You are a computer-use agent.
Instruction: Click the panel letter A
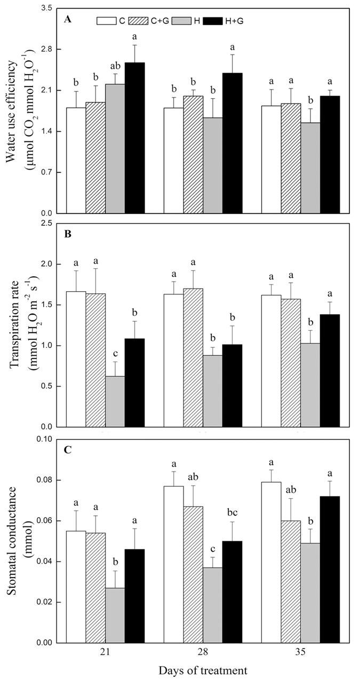point(68,19)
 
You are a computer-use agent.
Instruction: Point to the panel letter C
point(68,450)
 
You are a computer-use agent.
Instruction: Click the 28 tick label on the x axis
point(203,653)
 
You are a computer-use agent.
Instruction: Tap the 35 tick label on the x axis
point(300,653)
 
